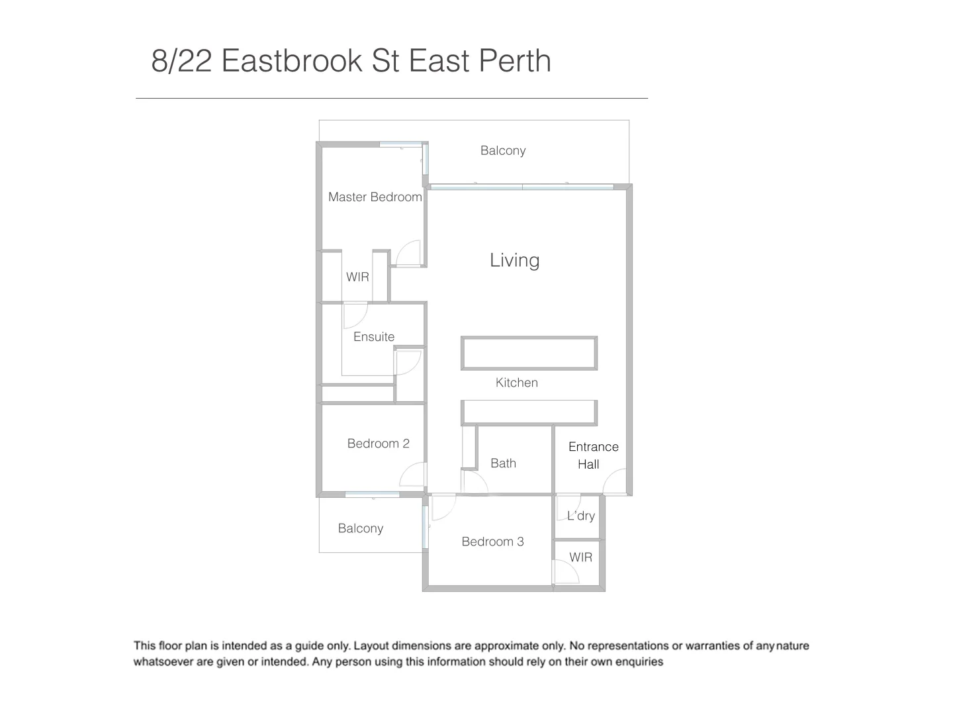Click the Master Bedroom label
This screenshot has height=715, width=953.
coord(375,197)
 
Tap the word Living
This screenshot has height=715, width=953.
coord(514,260)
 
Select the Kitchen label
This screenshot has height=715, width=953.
coord(516,383)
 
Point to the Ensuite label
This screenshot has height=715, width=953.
coord(373,336)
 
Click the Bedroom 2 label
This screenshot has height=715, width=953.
coord(378,444)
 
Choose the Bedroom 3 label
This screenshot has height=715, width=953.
coord(492,542)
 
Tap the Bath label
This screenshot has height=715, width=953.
coord(503,463)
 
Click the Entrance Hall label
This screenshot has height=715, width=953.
coord(593,455)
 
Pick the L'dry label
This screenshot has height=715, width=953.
coord(581,516)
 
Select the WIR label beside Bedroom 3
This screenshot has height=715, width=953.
coord(580,557)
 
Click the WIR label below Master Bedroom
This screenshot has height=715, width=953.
coord(357,277)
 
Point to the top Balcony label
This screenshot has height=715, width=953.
coord(503,150)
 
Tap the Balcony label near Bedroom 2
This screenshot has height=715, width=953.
coord(360,528)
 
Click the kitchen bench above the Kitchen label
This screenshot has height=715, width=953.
coord(529,353)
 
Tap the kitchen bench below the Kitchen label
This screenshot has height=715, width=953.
coord(529,412)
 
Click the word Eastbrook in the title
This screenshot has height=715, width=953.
coord(292,61)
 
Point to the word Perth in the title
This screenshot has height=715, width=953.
coord(514,61)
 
